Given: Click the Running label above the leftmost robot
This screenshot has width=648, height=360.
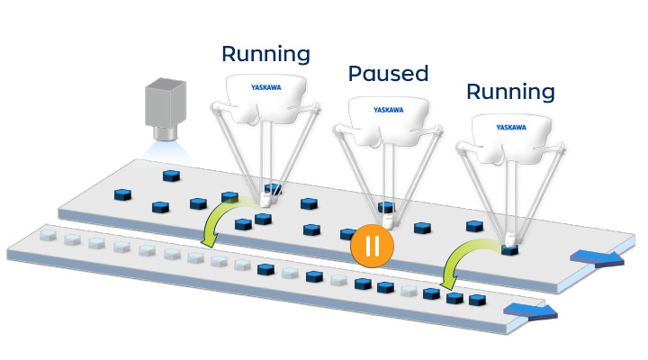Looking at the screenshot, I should (265, 53).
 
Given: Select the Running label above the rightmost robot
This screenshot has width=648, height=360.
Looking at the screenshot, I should (510, 91).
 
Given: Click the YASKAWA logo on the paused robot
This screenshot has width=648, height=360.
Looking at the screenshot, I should (390, 110).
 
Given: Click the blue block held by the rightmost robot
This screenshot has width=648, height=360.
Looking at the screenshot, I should (510, 249).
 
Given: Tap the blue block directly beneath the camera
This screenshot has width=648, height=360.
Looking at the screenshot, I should (167, 175).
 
